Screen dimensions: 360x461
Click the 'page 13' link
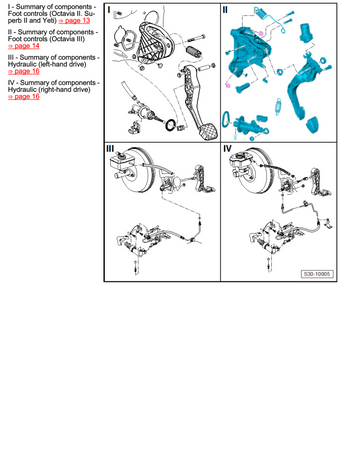pyautogui.click(x=74, y=21)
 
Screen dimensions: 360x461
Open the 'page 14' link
pyautogui.click(x=24, y=46)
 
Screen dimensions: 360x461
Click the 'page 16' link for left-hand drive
pyautogui.click(x=24, y=71)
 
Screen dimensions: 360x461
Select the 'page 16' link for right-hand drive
pyautogui.click(x=24, y=97)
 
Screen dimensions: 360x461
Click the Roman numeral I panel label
pyautogui.click(x=109, y=10)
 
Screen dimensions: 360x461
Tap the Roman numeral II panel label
pyautogui.click(x=225, y=10)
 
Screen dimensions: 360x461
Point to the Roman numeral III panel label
pyautogui.click(x=110, y=149)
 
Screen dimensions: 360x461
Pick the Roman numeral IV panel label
pyautogui.click(x=227, y=149)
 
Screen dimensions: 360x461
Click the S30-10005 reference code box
pyautogui.click(x=317, y=274)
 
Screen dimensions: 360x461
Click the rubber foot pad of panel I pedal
pyautogui.click(x=207, y=130)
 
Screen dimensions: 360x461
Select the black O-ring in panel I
pyautogui.click(x=170, y=125)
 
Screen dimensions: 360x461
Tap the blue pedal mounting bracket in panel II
pyautogui.click(x=250, y=52)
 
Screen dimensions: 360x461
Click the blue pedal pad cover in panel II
pyautogui.click(x=312, y=125)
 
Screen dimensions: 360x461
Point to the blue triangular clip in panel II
pyautogui.click(x=226, y=119)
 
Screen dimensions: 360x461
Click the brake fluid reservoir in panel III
pyautogui.click(x=118, y=161)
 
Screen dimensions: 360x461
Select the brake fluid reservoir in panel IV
pyautogui.click(x=238, y=160)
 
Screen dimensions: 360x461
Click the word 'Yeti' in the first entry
pyautogui.click(x=50, y=21)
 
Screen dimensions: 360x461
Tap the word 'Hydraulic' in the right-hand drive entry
pyautogui.click(x=22, y=90)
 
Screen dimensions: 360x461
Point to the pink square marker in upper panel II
pyautogui.click(x=261, y=33)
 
